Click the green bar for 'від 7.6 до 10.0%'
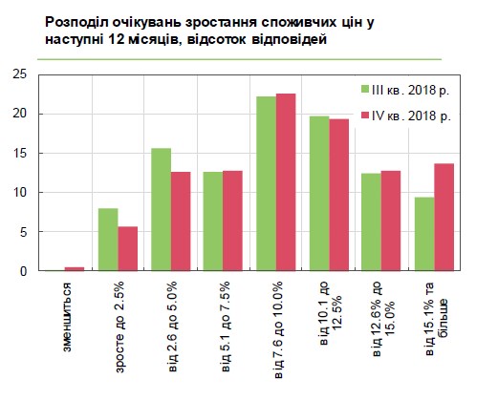[x=266, y=183]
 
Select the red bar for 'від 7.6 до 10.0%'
[x=286, y=182]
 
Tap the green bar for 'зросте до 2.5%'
[x=109, y=240]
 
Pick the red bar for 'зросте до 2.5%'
[x=128, y=248]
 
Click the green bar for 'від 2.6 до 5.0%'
[x=161, y=210]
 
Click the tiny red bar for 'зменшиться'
[x=75, y=269]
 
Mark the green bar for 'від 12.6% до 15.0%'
[x=371, y=222]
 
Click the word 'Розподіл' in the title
[x=78, y=18]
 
